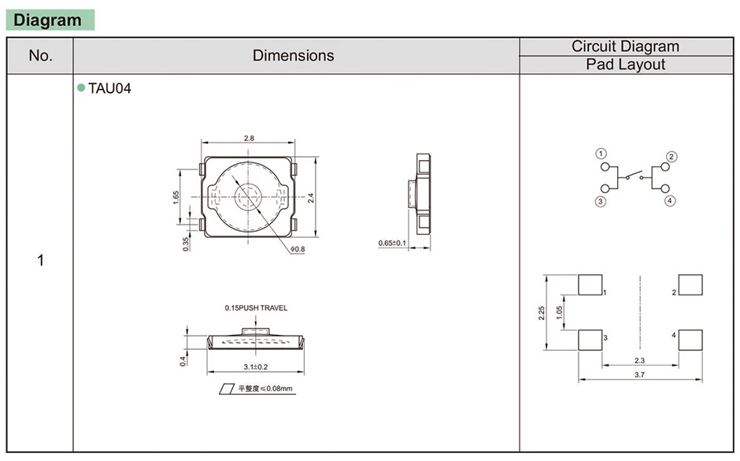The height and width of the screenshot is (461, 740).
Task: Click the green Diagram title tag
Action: click(x=50, y=20)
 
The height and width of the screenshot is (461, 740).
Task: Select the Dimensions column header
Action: click(x=293, y=55)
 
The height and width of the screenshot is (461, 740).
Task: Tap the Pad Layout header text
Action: click(x=625, y=65)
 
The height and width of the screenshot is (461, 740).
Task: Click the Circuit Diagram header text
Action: click(x=625, y=46)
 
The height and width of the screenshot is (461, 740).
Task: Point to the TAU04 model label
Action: click(x=109, y=88)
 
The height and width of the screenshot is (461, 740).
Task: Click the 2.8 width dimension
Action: click(x=249, y=139)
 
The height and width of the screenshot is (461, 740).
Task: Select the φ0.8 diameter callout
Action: click(x=298, y=249)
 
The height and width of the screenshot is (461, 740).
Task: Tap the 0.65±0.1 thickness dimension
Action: click(x=392, y=243)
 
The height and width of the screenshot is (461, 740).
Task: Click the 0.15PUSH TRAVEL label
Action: click(x=256, y=308)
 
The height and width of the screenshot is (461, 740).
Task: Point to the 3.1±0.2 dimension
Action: click(x=255, y=366)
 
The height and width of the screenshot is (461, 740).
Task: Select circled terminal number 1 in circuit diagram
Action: click(x=601, y=154)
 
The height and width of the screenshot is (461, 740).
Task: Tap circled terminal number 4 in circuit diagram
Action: click(x=670, y=201)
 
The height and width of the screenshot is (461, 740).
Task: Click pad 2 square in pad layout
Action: click(x=690, y=284)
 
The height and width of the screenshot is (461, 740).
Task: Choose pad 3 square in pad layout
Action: click(x=590, y=340)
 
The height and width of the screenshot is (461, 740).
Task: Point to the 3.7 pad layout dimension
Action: click(x=639, y=374)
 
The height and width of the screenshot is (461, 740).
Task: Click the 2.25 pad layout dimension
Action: click(x=542, y=313)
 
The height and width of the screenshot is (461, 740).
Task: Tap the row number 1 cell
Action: click(x=40, y=260)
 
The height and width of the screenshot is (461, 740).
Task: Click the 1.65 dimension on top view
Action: click(x=176, y=197)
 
